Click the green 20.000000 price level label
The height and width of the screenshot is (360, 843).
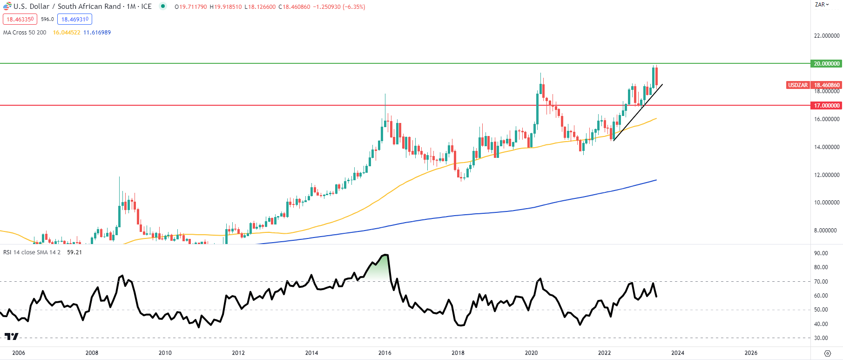(x=826, y=64)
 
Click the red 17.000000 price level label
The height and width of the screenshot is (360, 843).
(x=826, y=106)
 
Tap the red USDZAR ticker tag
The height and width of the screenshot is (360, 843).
(x=797, y=85)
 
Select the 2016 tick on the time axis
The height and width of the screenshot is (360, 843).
(x=384, y=353)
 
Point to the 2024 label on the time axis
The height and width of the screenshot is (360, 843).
(x=677, y=353)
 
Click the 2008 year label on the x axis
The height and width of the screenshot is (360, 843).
(x=92, y=353)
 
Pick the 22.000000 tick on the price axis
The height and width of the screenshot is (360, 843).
(x=826, y=36)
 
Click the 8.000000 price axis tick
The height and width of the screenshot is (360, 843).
(x=826, y=231)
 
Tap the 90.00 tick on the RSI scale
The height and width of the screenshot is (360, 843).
(x=821, y=253)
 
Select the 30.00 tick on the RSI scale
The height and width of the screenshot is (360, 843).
(x=821, y=338)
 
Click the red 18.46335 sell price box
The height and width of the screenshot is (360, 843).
(x=20, y=19)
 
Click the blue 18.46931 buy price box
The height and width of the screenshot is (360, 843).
(x=74, y=19)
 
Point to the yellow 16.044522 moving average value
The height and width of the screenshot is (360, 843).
(x=67, y=33)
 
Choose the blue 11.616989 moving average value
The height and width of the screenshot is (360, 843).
(x=97, y=33)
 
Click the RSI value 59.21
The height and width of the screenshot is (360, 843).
(x=74, y=252)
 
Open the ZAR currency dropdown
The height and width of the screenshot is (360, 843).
(x=822, y=5)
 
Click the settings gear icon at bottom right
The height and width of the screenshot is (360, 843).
(x=827, y=353)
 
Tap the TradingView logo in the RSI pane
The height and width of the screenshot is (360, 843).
(x=12, y=336)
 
